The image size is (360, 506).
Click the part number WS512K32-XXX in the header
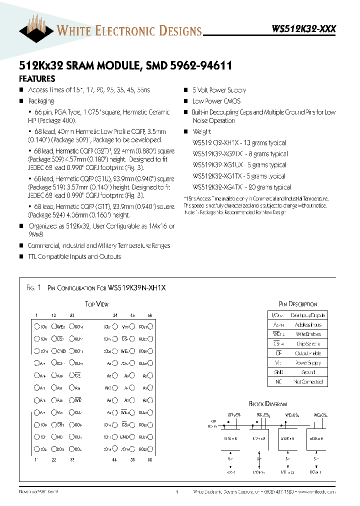point(303,29)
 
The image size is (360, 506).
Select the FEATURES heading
point(37,79)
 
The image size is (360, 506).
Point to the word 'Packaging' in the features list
point(41,101)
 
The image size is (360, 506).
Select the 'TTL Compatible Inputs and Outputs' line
point(74,256)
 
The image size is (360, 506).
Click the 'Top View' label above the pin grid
point(96,304)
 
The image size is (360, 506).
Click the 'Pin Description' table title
point(297,304)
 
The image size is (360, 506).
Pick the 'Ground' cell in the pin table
point(308,372)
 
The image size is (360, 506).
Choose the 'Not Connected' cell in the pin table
point(308,381)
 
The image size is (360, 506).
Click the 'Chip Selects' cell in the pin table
point(308,343)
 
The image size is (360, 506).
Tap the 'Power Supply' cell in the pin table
point(308,362)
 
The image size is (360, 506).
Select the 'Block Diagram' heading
point(268,403)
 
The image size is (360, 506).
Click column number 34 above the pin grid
point(115,315)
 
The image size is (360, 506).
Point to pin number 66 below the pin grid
point(149,459)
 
